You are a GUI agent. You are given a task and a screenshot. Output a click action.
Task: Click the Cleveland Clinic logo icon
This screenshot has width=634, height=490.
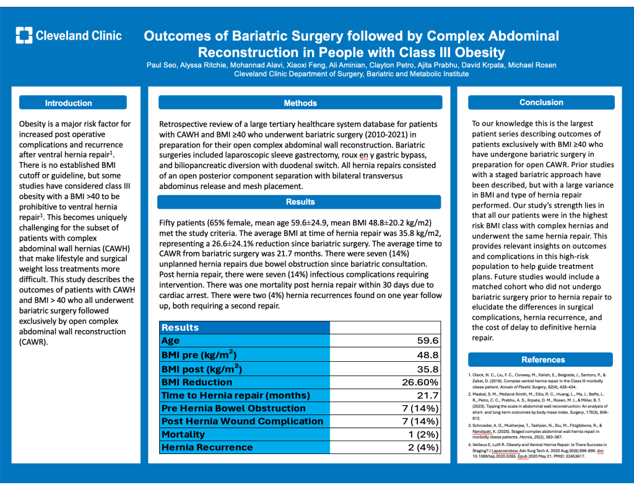[x=24, y=35]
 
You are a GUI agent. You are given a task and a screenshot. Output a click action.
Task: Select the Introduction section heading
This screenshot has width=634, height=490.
[x=69, y=103]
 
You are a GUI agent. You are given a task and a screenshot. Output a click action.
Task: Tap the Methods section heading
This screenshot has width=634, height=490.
[x=300, y=103]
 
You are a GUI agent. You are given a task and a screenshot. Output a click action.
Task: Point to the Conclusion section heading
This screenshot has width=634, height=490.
[x=541, y=102]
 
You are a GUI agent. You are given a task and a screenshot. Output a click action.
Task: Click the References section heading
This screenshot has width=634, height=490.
[x=543, y=359]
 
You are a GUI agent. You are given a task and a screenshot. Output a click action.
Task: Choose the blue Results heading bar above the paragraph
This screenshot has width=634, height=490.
[x=300, y=202]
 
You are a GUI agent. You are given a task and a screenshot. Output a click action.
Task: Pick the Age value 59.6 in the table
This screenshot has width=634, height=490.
[x=427, y=341]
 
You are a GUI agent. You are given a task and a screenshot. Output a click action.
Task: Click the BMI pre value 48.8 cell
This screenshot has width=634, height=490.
[x=427, y=355]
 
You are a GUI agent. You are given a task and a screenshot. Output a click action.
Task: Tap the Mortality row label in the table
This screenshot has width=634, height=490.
[x=183, y=435]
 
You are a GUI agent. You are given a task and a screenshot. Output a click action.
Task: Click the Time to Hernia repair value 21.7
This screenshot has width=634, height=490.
[x=427, y=395]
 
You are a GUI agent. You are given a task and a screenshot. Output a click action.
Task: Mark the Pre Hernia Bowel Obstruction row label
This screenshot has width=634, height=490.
[x=233, y=408]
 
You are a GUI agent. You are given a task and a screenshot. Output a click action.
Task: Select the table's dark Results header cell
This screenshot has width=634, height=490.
[x=245, y=327]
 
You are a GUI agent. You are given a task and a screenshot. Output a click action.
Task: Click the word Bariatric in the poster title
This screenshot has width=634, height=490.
[x=257, y=36]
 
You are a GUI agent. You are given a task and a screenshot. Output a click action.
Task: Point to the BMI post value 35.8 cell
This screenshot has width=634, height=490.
[x=427, y=369]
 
